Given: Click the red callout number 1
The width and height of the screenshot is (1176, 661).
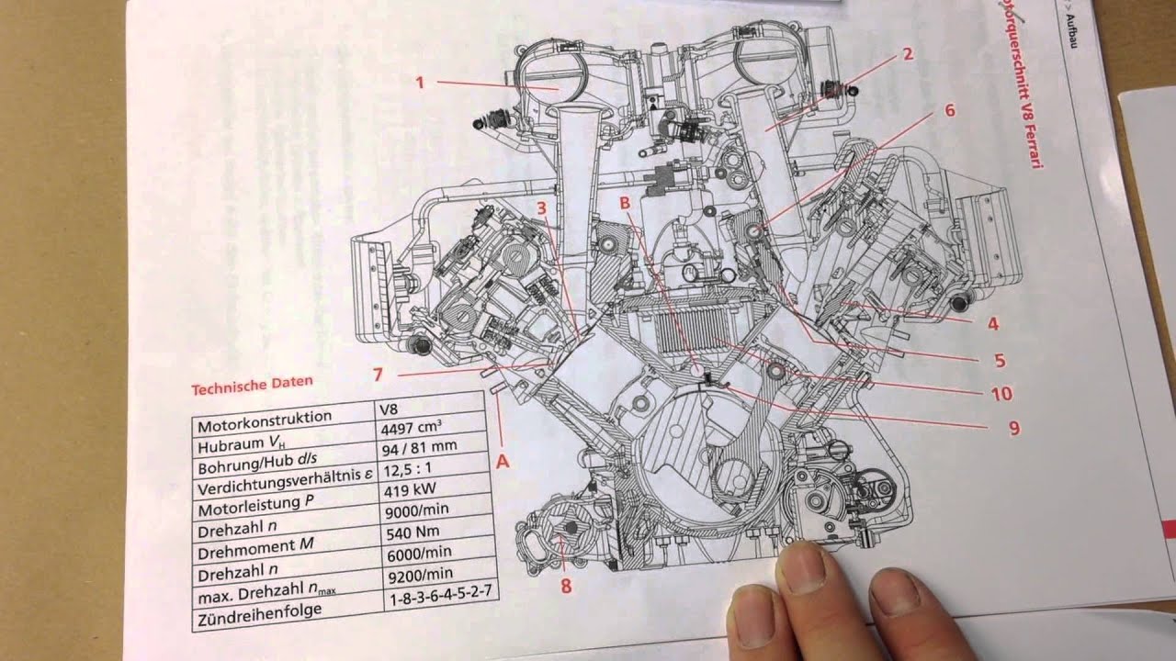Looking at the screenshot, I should [419, 82].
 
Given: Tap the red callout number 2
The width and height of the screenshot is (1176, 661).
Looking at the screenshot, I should [907, 53].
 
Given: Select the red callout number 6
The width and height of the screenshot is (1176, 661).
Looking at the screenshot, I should [949, 110].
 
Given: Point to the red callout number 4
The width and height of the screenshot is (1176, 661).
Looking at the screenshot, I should [993, 323].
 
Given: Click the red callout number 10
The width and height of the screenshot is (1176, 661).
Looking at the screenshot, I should [1001, 394].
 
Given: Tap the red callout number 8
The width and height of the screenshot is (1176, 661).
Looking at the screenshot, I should [566, 585].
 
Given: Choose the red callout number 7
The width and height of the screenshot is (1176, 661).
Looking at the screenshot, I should [377, 373].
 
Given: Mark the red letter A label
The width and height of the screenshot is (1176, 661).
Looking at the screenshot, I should [503, 462].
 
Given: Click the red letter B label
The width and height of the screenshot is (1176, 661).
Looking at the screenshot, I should [624, 201].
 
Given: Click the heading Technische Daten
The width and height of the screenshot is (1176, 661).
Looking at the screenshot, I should [251, 384].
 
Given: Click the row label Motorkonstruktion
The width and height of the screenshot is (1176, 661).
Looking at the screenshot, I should [264, 419].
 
